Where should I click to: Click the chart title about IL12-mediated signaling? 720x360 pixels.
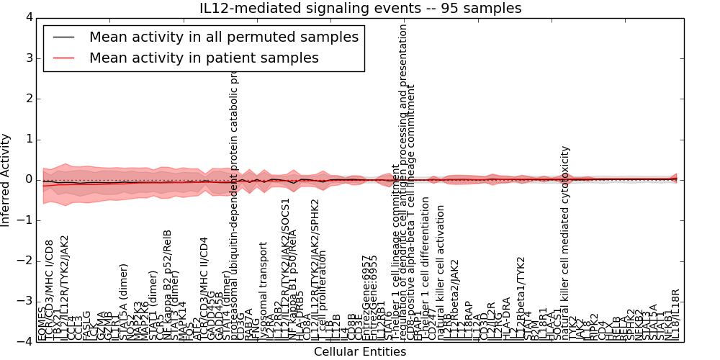click(360, 8)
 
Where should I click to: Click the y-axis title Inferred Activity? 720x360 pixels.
click(6, 179)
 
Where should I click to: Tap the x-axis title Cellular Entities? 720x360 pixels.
click(360, 352)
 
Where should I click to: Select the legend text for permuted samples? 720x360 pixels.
click(223, 37)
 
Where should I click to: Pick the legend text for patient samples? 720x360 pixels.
click(204, 58)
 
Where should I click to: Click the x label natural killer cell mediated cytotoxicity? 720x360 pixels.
click(566, 243)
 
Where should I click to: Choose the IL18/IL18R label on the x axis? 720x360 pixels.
click(675, 314)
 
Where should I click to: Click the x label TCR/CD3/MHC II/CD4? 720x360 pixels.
click(204, 288)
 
